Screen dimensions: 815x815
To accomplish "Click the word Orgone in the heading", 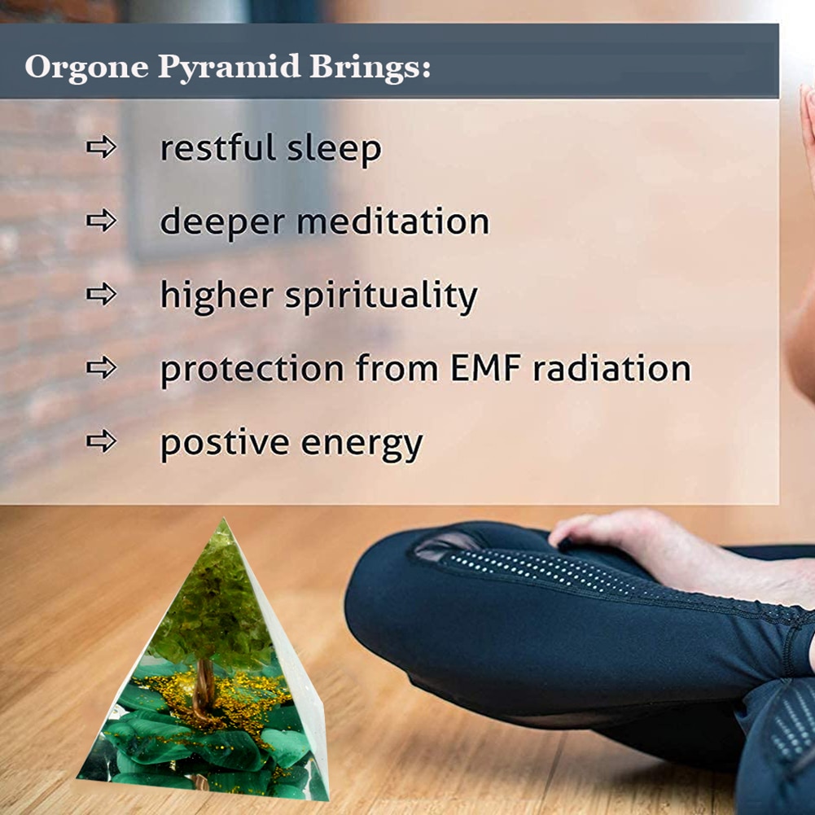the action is click(87, 68).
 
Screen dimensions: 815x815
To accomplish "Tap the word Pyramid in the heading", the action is click(229, 68).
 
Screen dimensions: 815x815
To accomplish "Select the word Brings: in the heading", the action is click(370, 68).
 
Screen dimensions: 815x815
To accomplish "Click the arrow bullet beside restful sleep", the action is click(101, 147).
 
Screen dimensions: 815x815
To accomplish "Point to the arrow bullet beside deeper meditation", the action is click(101, 221).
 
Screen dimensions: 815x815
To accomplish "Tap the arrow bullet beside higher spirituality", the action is click(101, 294).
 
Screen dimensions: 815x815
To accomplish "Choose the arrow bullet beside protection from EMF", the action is click(101, 367).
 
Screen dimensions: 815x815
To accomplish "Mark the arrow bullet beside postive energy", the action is click(101, 441).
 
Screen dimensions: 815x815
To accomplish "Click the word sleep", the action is click(334, 149).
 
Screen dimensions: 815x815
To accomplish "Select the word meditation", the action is click(393, 221).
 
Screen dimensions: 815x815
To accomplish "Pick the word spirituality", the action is click(381, 297).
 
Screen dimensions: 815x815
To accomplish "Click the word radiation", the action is click(612, 368).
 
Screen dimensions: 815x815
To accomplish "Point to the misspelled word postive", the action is click(225, 445).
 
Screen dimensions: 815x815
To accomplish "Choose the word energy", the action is click(361, 446).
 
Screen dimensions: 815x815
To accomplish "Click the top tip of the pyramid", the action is click(224, 518).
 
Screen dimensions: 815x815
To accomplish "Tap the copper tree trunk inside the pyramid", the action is click(204, 687).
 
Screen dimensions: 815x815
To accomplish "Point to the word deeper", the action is click(222, 223).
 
